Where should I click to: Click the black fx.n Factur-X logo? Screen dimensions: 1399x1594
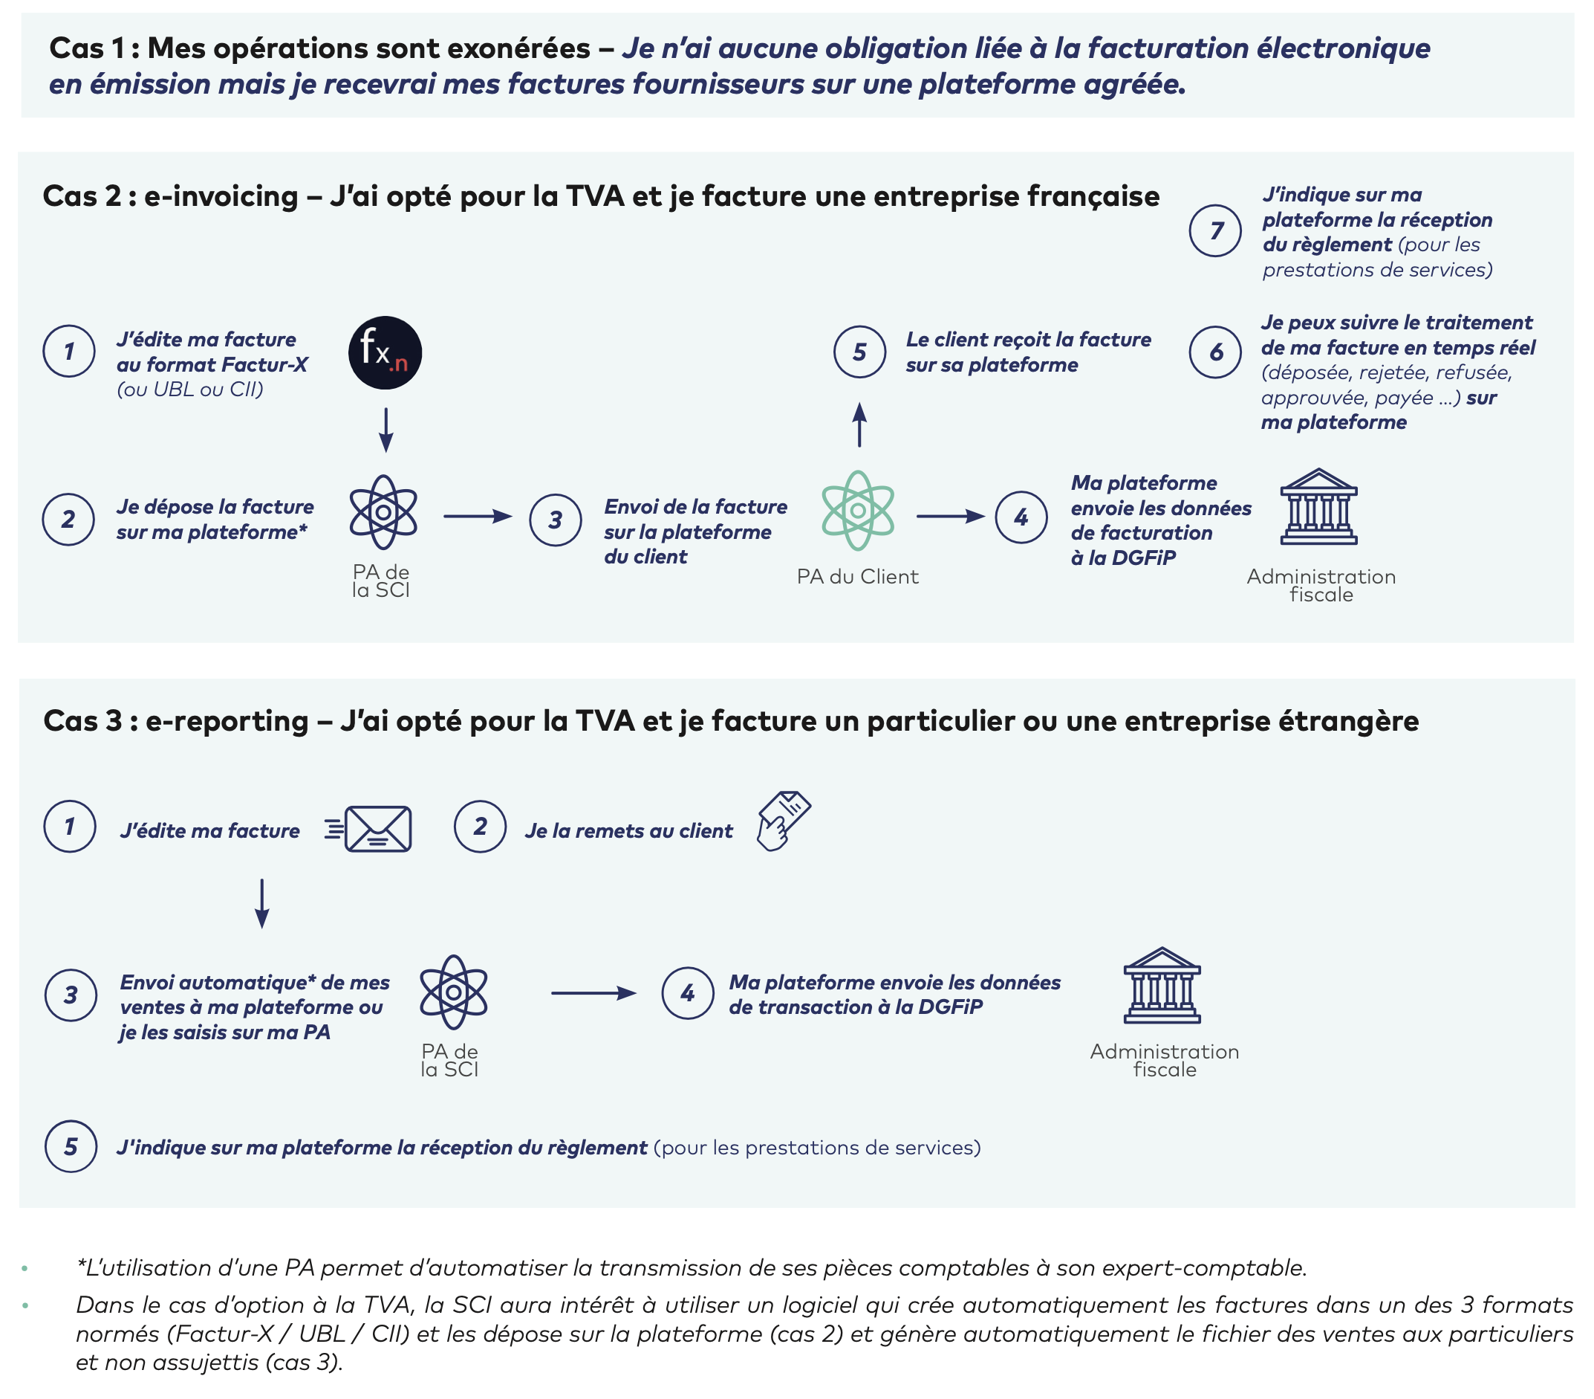[385, 352]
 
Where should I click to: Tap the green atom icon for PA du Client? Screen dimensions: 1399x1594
[857, 511]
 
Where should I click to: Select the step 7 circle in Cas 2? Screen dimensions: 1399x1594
[1215, 230]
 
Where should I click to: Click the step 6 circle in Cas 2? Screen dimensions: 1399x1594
[1215, 352]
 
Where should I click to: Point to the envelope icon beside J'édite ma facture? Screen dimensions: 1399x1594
[377, 829]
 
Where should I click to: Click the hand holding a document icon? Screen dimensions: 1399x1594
[782, 821]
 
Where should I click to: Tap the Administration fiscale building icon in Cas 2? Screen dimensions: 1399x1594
[1318, 506]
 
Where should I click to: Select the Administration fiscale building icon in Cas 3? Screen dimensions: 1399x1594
[1162, 986]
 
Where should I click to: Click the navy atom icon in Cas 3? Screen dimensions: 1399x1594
[453, 992]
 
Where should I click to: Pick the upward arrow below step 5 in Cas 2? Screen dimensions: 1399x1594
[859, 424]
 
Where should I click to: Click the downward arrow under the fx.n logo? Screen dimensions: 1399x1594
[386, 429]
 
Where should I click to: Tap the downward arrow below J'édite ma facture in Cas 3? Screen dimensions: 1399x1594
[262, 903]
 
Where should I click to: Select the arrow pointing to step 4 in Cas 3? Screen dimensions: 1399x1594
[593, 993]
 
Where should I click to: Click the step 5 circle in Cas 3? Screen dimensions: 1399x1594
[71, 1146]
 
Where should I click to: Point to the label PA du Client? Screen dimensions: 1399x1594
[857, 577]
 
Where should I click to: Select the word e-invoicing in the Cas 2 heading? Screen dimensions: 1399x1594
[221, 197]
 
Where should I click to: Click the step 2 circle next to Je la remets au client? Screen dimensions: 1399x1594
[481, 827]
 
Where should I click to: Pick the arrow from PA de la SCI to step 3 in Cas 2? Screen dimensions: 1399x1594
[478, 517]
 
